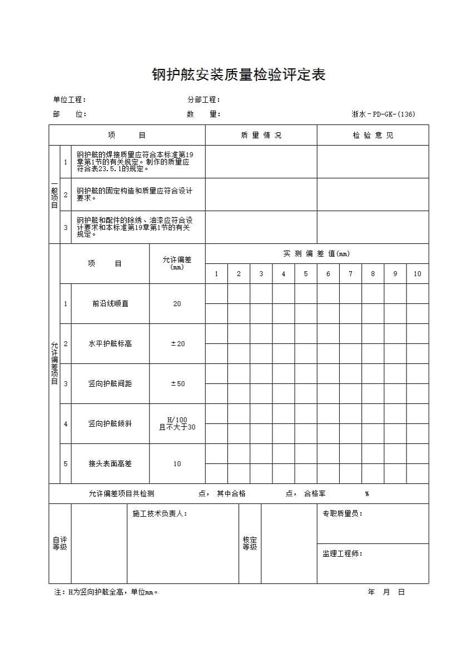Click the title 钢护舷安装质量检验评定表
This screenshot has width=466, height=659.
(x=239, y=75)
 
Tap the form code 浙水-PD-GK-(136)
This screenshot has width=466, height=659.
(x=383, y=114)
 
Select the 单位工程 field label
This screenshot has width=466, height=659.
(x=70, y=100)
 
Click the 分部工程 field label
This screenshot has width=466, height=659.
(x=204, y=100)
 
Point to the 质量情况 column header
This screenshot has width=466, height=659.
(x=261, y=136)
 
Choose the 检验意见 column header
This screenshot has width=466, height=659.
(x=373, y=136)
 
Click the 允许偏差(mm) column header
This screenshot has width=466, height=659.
(x=177, y=263)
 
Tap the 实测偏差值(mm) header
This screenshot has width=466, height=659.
(x=316, y=254)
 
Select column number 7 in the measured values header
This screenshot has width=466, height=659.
(x=350, y=274)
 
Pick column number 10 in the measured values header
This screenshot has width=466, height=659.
(x=418, y=274)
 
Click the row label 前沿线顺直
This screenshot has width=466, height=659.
(x=110, y=304)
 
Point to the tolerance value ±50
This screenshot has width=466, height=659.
(x=177, y=384)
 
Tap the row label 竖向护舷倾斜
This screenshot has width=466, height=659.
(x=110, y=424)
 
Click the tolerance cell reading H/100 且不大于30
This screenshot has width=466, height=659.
(x=177, y=423)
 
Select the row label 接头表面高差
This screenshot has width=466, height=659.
(x=110, y=464)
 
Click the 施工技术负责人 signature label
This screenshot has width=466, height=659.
(x=160, y=514)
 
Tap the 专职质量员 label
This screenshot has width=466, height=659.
(x=343, y=514)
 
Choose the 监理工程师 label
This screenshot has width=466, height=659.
(x=343, y=554)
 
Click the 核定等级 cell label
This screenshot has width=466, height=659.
(x=250, y=543)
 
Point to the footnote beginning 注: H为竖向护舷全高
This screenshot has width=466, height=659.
(x=106, y=592)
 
